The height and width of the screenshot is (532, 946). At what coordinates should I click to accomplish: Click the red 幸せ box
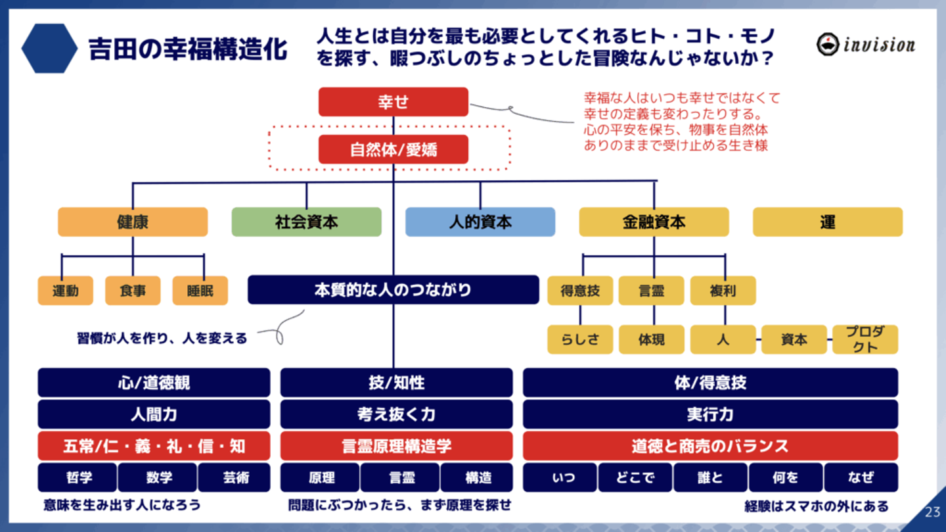pos(393,102)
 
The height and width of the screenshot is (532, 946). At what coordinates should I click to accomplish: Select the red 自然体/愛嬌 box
pos(393,150)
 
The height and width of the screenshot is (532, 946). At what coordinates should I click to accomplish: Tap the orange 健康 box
pos(133,222)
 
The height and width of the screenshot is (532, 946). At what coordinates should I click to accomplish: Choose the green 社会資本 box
pos(306,222)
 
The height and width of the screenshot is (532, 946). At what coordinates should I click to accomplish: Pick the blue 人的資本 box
pos(480,222)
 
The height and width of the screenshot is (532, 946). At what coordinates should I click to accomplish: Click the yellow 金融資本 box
pos(654,222)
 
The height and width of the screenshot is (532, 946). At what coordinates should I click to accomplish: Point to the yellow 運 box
pos(827,222)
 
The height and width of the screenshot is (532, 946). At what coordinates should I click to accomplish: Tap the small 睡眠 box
pos(200,291)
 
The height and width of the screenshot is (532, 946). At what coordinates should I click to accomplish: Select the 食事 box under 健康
pos(133,291)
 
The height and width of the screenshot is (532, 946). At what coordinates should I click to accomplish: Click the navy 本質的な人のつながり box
pos(393,290)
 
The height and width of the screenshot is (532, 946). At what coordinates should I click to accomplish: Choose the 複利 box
pos(723,291)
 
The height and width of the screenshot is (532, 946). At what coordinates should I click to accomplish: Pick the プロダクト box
pos(865,339)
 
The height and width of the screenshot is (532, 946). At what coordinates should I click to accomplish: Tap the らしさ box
pos(580,340)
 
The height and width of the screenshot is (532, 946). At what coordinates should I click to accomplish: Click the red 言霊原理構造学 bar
pos(396,447)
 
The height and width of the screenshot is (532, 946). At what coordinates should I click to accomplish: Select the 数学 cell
pos(158,478)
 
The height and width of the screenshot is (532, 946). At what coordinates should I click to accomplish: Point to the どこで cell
pos(635,478)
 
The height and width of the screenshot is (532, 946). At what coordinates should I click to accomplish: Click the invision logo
pos(865,44)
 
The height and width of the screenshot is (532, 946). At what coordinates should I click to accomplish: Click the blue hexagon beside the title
pos(49,49)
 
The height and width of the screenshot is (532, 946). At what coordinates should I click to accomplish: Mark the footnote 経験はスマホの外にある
pos(816,506)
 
